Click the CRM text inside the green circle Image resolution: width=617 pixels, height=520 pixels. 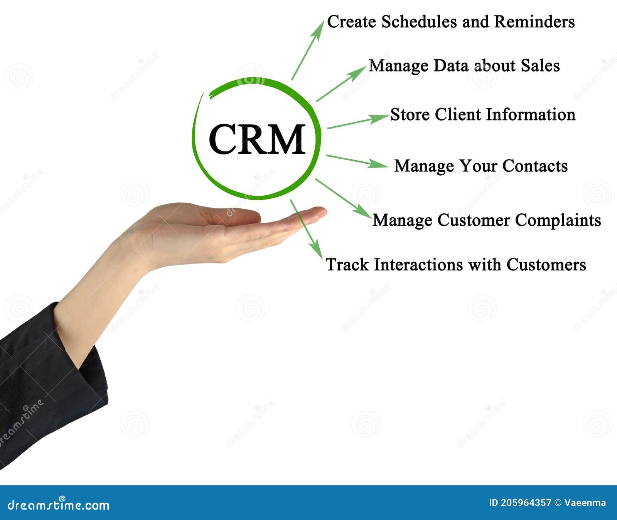pos(257,139)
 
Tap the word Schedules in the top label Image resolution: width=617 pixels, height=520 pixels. pos(420,22)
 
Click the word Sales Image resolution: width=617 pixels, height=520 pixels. pos(540,65)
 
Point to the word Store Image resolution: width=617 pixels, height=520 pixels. pos(410,114)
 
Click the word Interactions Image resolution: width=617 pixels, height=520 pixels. pos(418,265)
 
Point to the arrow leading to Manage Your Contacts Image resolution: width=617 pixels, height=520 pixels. pos(357,161)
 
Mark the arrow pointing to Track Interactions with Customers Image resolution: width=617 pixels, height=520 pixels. pos(306,229)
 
